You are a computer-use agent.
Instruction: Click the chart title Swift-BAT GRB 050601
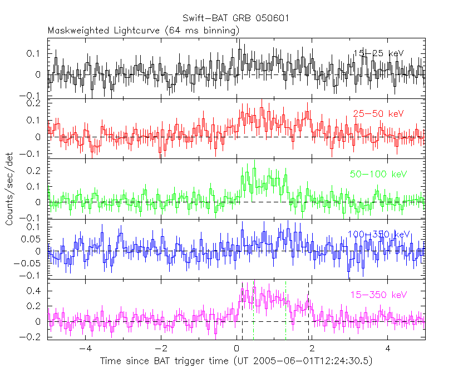(x=236, y=19)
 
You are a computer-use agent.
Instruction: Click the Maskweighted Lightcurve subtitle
(x=144, y=31)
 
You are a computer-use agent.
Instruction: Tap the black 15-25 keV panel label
(x=378, y=53)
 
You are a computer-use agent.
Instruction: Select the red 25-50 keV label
(x=378, y=114)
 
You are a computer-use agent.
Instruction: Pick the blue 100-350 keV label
(x=378, y=235)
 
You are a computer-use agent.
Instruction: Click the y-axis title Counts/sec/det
(x=9, y=189)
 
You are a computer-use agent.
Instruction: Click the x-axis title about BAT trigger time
(x=236, y=361)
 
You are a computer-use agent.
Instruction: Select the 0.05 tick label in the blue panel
(x=33, y=239)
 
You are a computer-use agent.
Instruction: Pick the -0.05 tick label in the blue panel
(x=30, y=263)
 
